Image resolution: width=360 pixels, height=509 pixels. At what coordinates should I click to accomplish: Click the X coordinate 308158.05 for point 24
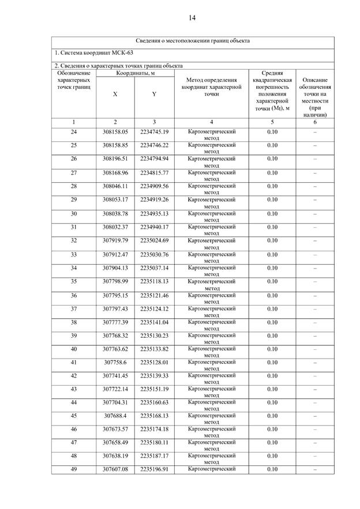coord(115,131)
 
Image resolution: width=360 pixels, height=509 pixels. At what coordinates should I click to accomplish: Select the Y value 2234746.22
coord(154,145)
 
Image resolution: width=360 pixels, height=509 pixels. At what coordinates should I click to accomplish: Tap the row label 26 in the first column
coord(74,159)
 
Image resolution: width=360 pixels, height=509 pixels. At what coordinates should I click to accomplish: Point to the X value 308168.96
coord(115,172)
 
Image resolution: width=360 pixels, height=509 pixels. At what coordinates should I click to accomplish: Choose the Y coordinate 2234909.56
coord(154,186)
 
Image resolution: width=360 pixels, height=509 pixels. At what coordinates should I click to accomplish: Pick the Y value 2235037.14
coord(154,268)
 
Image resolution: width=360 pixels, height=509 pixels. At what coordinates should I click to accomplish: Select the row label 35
coord(74,281)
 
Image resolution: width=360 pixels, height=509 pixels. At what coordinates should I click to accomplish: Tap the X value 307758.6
coord(115,363)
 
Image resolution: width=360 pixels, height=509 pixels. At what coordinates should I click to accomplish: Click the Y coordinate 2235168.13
coord(154,415)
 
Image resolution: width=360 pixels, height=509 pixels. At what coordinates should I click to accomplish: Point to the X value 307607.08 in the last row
coord(115,469)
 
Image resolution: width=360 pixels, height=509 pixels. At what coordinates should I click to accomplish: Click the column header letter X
coord(115,94)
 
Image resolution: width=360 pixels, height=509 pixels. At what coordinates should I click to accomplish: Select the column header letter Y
coord(154,94)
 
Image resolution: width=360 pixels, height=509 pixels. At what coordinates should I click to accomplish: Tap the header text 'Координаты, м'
coord(135,73)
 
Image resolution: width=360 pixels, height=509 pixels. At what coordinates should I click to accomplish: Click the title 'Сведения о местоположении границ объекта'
coord(193,42)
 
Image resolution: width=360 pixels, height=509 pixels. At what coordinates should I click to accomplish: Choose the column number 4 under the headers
coord(212,122)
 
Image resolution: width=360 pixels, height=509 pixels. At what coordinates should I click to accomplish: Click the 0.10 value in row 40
coord(272,349)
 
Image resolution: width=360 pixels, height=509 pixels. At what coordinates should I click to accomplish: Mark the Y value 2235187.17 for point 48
coord(154,455)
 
